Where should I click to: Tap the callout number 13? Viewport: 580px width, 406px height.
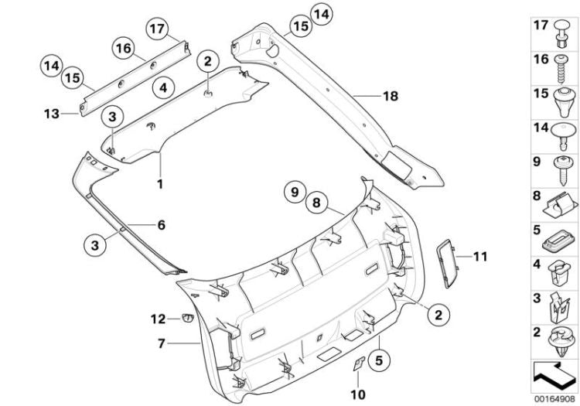[50, 114]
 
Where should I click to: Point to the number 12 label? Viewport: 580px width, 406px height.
[159, 318]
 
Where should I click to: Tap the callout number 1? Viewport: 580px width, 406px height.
[161, 185]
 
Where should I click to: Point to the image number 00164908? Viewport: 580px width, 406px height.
[553, 400]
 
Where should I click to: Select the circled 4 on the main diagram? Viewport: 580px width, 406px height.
[162, 87]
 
